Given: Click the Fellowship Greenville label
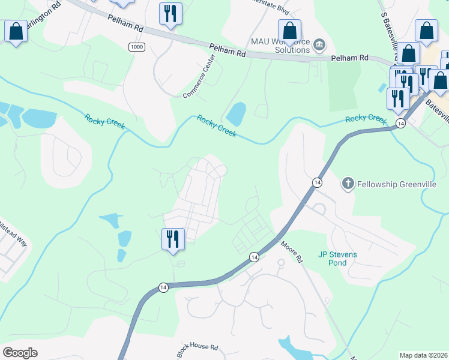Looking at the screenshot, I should (x=397, y=184).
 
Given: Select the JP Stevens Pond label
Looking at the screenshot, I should (x=337, y=259).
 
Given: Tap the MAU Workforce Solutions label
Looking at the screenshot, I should (x=280, y=45).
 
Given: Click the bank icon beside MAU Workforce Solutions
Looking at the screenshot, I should (x=319, y=44).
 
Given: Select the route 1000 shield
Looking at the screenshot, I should (x=136, y=47).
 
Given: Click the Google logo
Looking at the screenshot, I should (x=20, y=353).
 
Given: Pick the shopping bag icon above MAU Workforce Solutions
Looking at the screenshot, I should (x=289, y=31).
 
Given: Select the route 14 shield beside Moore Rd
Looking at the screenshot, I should (x=255, y=257).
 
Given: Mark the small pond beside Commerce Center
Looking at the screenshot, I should (x=236, y=113).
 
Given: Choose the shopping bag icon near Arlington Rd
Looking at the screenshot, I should (x=16, y=31).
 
